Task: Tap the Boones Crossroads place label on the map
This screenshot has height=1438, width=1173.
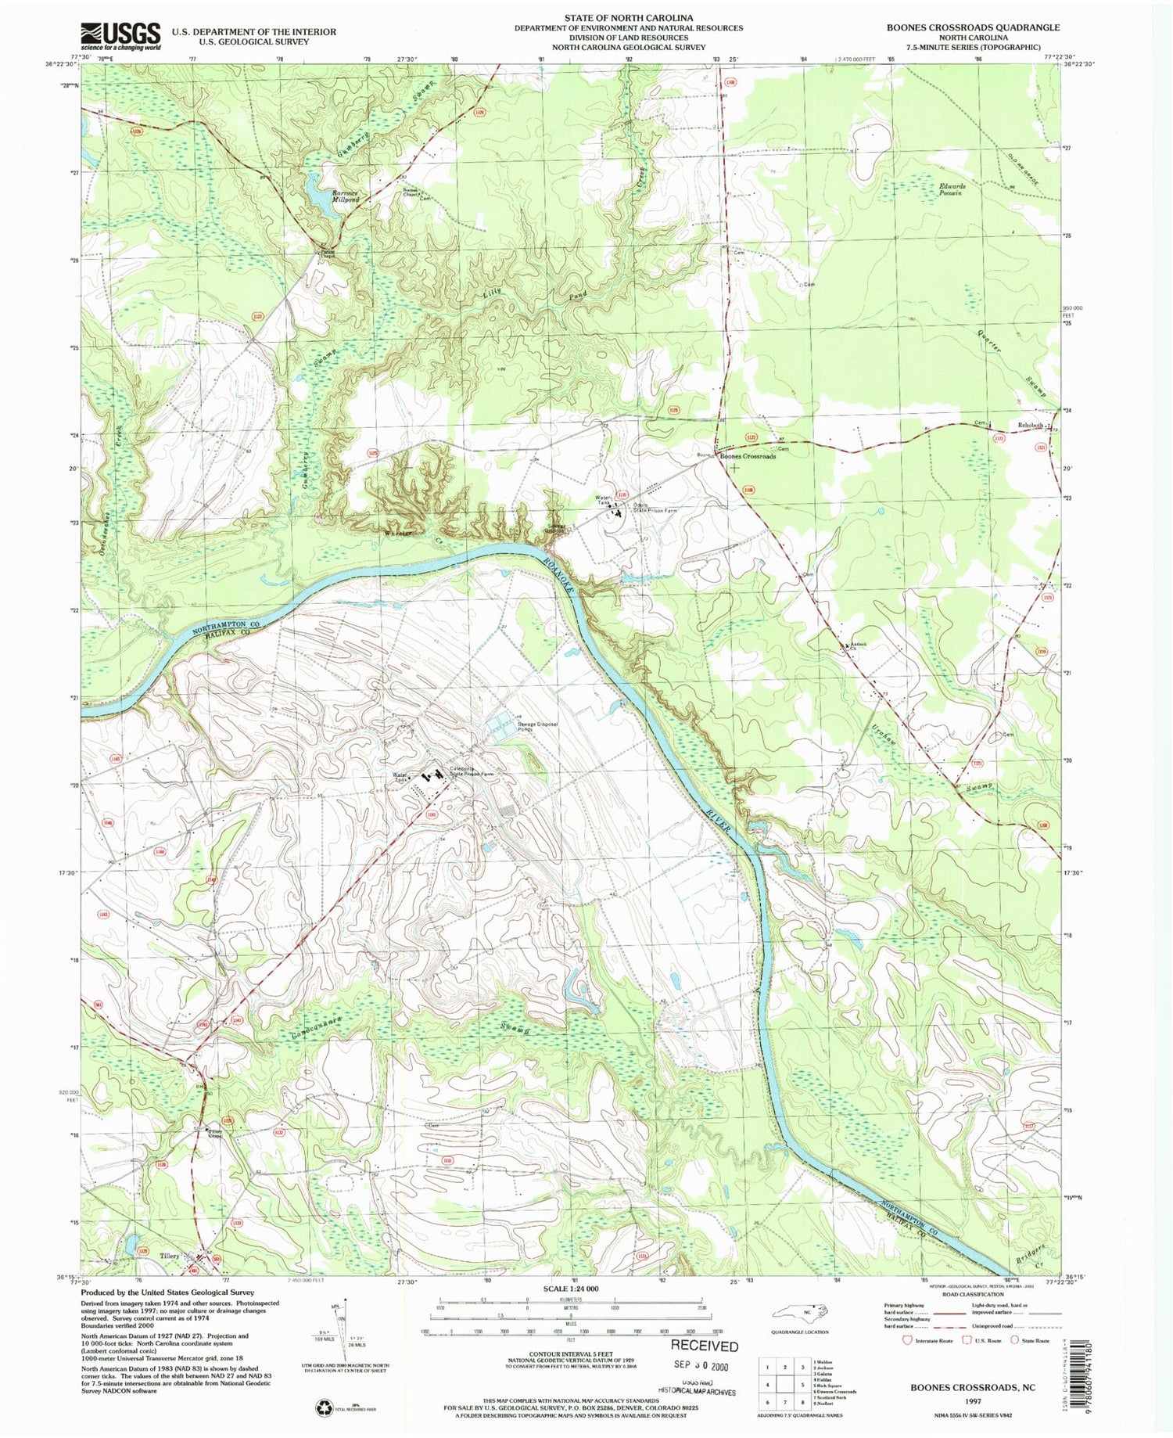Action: click(x=748, y=456)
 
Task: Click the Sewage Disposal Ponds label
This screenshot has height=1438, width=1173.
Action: click(x=537, y=727)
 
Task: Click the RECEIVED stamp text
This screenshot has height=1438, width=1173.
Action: click(x=705, y=1346)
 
